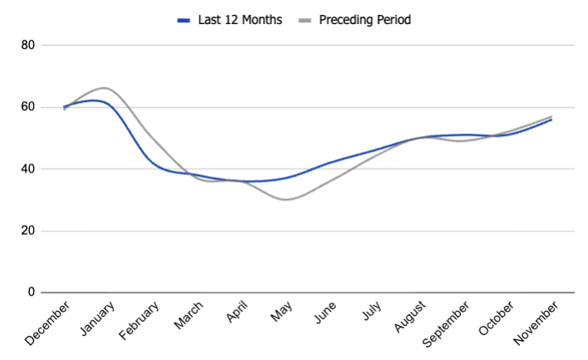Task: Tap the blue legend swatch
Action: tap(183, 19)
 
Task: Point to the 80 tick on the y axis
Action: tap(27, 45)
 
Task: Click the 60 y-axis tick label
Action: tap(27, 107)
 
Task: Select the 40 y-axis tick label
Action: tap(27, 169)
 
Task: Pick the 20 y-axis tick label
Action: tap(27, 231)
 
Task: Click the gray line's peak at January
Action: tap(104, 87)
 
